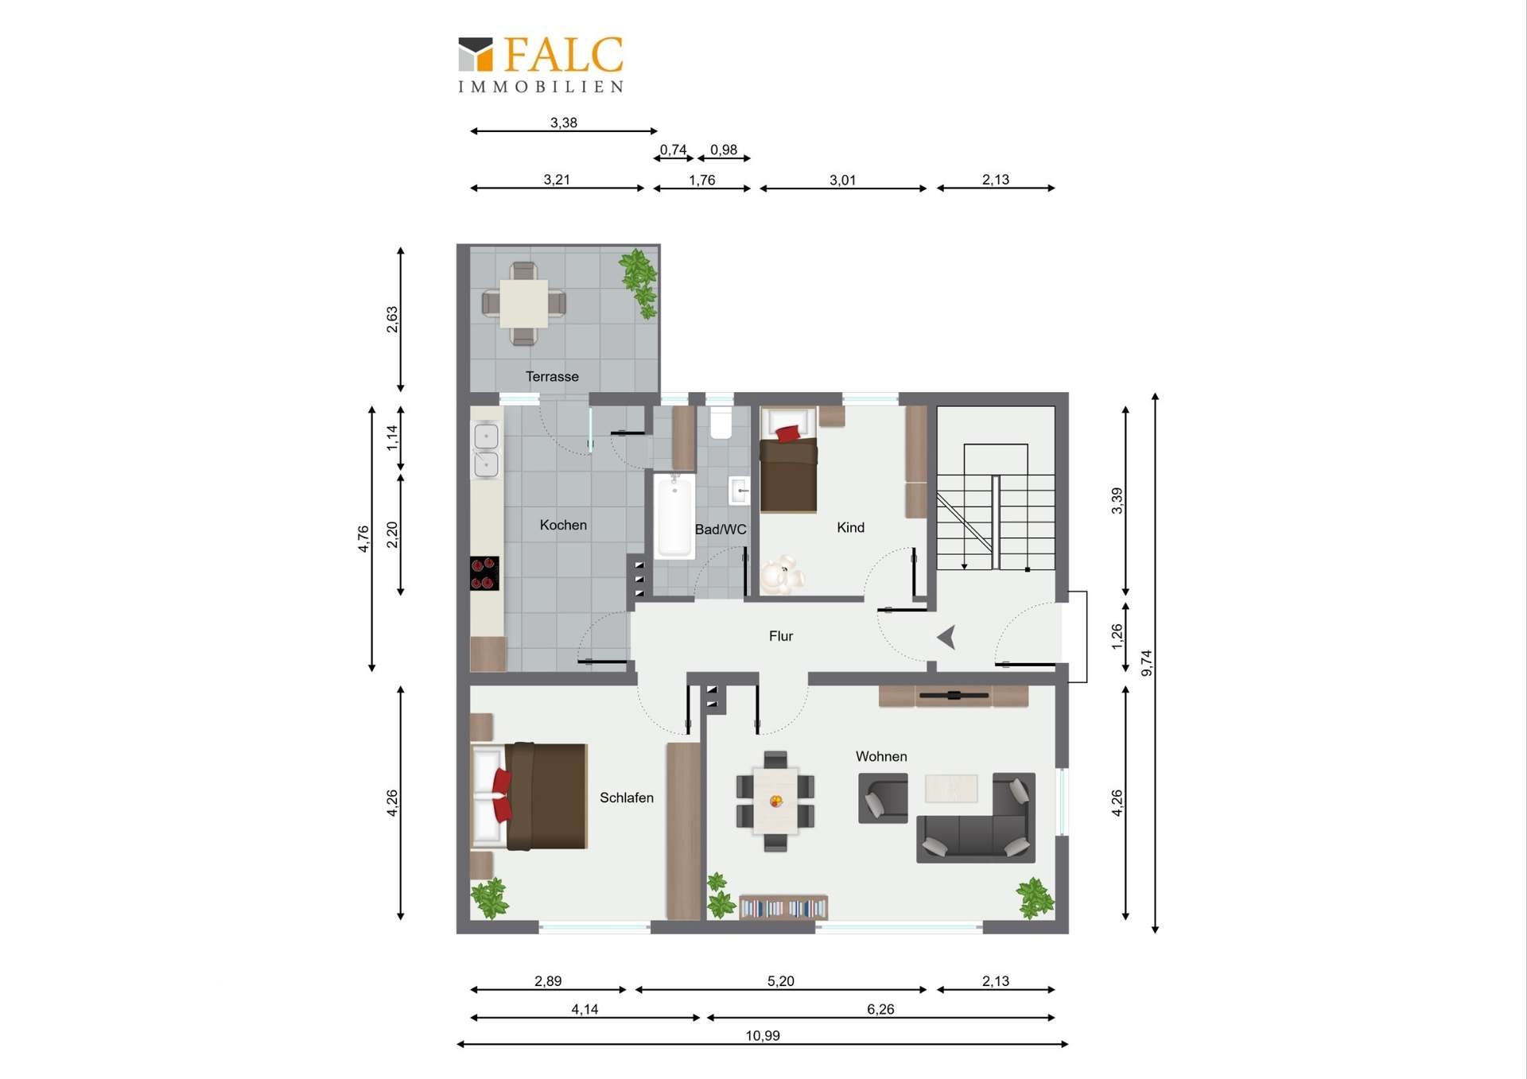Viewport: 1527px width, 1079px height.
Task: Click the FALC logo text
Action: tap(563, 55)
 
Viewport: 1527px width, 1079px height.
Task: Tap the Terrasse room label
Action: tap(552, 377)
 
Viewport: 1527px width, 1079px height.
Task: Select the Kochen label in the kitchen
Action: tap(563, 525)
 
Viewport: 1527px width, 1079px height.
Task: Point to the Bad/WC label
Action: tap(721, 530)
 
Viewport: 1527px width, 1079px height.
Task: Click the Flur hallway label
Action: tap(781, 636)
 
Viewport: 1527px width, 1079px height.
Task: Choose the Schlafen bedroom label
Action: tap(627, 798)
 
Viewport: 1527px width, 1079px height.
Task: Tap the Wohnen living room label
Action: tap(881, 756)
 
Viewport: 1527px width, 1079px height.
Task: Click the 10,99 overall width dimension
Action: tap(763, 1035)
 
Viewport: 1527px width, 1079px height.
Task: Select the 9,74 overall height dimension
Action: tap(1146, 663)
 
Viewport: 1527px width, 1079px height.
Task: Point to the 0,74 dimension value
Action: tap(673, 149)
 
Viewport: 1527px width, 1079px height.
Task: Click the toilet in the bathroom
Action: tap(721, 423)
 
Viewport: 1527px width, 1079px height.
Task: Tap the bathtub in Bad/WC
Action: tap(674, 516)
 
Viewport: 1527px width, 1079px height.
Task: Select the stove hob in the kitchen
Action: tap(484, 573)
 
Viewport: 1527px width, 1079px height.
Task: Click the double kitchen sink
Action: tap(486, 449)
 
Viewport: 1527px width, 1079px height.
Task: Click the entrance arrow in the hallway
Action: tap(946, 638)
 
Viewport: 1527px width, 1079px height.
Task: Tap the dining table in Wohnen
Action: tap(775, 801)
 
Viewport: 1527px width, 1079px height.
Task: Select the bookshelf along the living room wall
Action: tap(783, 907)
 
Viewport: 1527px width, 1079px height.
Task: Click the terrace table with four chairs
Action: tap(523, 304)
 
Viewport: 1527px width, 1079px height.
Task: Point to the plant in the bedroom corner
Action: tap(489, 898)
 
